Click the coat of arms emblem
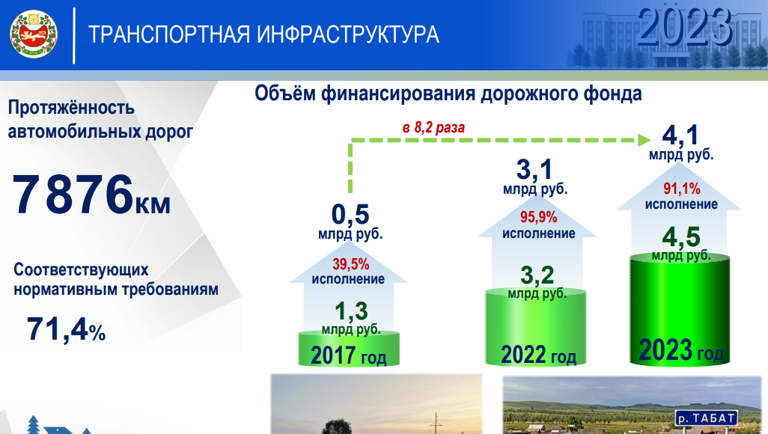34,34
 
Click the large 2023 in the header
685,28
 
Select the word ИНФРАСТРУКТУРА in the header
348,34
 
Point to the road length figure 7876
73,194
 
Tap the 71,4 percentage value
58,328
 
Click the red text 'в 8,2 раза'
433,128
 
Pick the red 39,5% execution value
351,264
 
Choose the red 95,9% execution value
538,217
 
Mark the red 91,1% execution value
682,189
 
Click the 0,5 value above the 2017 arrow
350,214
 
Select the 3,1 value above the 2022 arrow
534,170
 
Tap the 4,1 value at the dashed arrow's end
680,135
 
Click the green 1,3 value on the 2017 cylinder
351,311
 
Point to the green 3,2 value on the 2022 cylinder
537,275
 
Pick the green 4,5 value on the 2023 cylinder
681,237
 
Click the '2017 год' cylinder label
348,355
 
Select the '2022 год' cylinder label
538,355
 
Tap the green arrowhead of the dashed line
644,140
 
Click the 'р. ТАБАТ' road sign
707,418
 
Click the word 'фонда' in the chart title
612,94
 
